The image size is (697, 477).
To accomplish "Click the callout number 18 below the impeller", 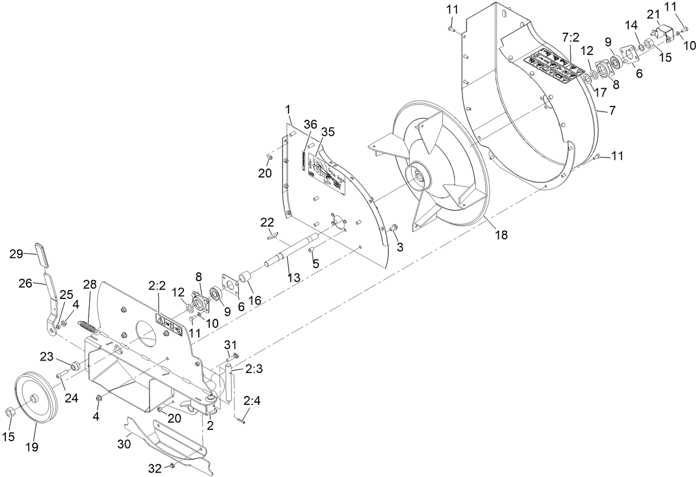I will (x=501, y=235).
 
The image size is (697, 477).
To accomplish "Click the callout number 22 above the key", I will (x=267, y=222).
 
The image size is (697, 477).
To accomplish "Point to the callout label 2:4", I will (x=252, y=400).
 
